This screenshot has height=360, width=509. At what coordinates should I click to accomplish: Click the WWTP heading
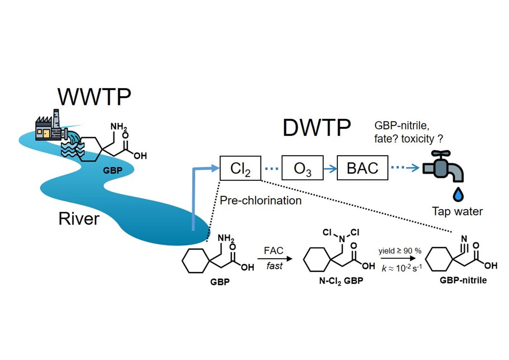(94, 97)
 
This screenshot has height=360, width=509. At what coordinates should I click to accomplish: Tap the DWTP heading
(316, 127)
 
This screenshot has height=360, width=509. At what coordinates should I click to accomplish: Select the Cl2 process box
(240, 168)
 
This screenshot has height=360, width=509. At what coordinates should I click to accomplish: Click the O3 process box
(302, 168)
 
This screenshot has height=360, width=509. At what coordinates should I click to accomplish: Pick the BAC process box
(362, 168)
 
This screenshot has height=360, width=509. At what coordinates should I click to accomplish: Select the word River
(79, 219)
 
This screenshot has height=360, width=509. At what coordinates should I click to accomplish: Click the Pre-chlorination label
(260, 200)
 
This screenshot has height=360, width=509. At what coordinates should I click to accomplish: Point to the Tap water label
(457, 211)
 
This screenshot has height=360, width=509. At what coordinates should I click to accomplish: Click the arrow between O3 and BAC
(330, 168)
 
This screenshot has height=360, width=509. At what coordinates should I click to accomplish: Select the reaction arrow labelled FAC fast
(275, 259)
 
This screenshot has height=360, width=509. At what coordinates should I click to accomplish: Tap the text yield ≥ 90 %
(400, 251)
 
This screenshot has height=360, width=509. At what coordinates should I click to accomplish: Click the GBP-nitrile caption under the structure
(463, 280)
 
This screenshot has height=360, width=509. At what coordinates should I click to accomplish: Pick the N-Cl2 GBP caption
(341, 281)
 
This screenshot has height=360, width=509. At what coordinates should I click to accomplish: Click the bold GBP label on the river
(112, 170)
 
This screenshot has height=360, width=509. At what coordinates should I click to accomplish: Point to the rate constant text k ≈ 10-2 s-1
(402, 268)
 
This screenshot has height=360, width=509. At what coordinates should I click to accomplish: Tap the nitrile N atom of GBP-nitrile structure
(464, 238)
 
